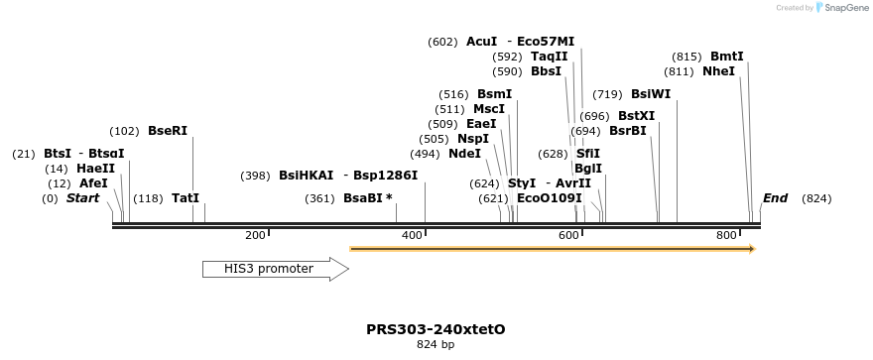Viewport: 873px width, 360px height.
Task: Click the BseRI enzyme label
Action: [x=167, y=131]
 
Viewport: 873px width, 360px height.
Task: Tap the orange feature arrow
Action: [x=553, y=248]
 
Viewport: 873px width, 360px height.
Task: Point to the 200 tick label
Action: [x=255, y=235]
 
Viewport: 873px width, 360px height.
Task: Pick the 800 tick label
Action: [x=726, y=235]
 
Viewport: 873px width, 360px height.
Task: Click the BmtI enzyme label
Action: [x=727, y=57]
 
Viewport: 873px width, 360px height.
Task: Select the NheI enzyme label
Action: [x=718, y=71]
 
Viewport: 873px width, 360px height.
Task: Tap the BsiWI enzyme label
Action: [x=651, y=94]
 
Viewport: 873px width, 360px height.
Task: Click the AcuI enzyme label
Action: [x=481, y=42]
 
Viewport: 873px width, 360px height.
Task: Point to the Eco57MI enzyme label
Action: [x=546, y=42]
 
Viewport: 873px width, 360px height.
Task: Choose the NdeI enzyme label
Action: [x=464, y=154]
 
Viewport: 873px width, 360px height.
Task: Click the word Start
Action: [x=82, y=198]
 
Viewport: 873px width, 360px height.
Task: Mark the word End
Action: [x=775, y=198]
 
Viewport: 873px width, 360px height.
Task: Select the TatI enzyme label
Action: [x=186, y=198]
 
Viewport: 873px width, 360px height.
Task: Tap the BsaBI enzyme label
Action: [x=367, y=198]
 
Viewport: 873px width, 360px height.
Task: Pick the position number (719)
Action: [x=607, y=94]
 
